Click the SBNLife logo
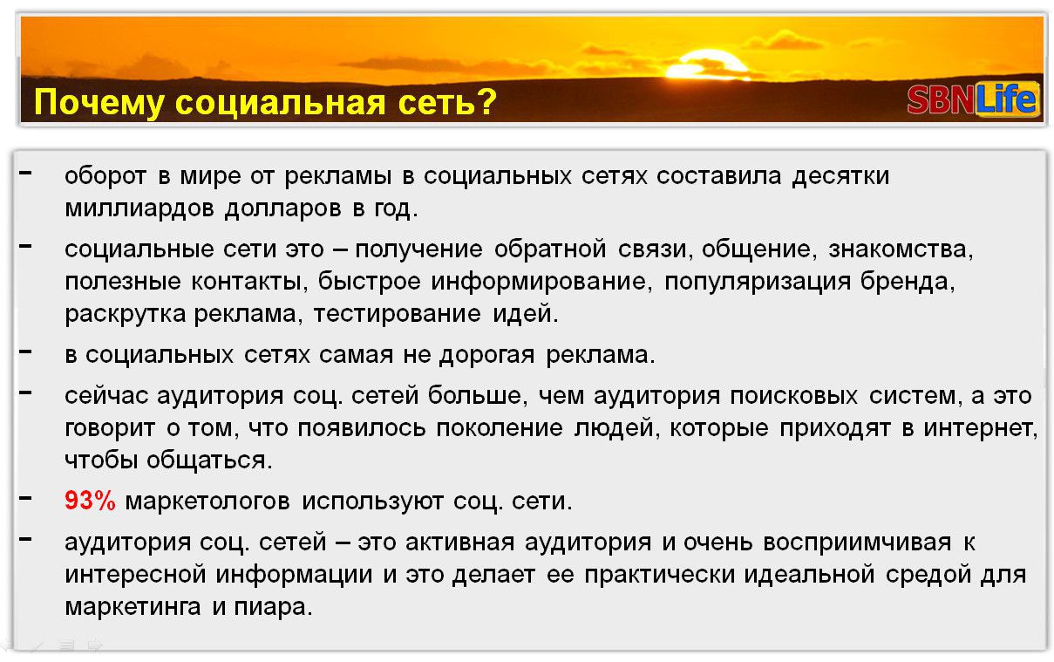[972, 99]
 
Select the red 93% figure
[90, 501]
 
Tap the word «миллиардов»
[139, 208]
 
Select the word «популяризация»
[758, 283]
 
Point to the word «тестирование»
[398, 314]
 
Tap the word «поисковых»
[794, 396]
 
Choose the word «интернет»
[980, 428]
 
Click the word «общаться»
[209, 461]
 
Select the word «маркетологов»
[207, 502]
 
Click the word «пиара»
[273, 607]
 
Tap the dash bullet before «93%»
[25, 498]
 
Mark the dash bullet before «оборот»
[25, 173]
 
